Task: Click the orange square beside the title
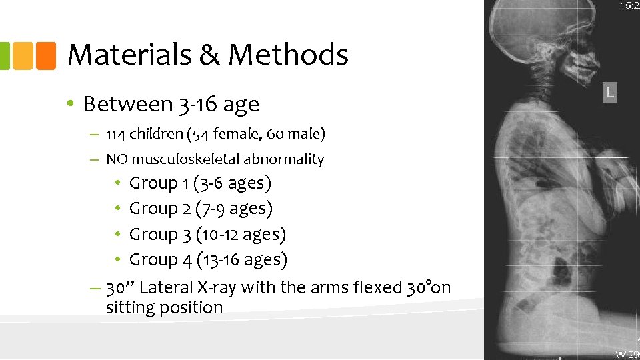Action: pyautogui.click(x=46, y=55)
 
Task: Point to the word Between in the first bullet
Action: pyautogui.click(x=127, y=104)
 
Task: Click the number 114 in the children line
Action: pyautogui.click(x=116, y=134)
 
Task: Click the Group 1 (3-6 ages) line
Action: pyautogui.click(x=200, y=183)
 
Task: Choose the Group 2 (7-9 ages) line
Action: pyautogui.click(x=201, y=209)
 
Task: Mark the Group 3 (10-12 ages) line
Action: pyautogui.click(x=207, y=235)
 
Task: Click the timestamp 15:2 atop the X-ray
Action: pyautogui.click(x=629, y=6)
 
